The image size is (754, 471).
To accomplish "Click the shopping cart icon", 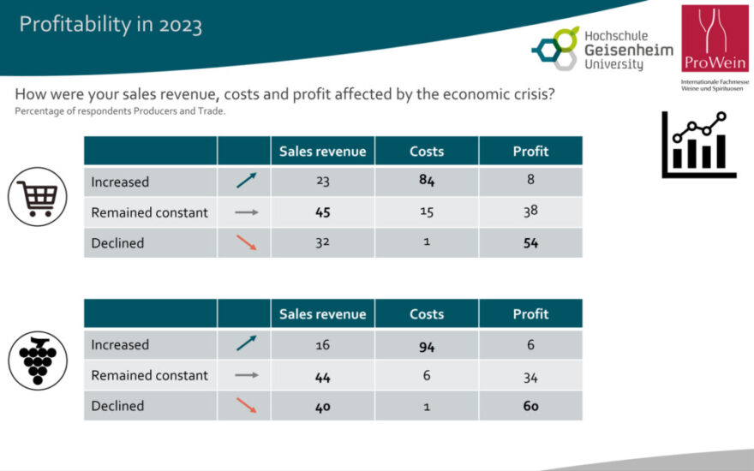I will (37, 196).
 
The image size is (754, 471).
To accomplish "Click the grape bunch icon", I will (37, 360).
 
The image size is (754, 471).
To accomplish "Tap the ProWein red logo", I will (715, 39).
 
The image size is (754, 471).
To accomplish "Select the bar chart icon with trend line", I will (693, 145).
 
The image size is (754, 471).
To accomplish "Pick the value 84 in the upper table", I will (427, 182).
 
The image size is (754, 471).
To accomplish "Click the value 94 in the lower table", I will (427, 344).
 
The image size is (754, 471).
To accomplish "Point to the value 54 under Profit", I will (530, 243).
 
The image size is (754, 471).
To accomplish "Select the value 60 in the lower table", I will (530, 406).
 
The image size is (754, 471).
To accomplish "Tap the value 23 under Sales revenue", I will (322, 182).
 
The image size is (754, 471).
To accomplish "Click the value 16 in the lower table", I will (322, 344).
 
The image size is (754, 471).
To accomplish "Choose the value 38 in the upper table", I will (530, 212).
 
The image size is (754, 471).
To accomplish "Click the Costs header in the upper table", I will (427, 152).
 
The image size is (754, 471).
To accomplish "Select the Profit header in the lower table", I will (530, 314).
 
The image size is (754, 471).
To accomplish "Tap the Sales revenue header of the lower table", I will (322, 314).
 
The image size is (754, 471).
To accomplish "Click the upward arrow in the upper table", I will (246, 182).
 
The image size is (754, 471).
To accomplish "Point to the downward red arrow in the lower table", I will (246, 406).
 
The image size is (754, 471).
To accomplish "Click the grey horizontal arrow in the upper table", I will (246, 212).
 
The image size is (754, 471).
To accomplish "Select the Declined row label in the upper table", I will (118, 243).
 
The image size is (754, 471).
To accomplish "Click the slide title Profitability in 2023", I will (111, 24).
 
